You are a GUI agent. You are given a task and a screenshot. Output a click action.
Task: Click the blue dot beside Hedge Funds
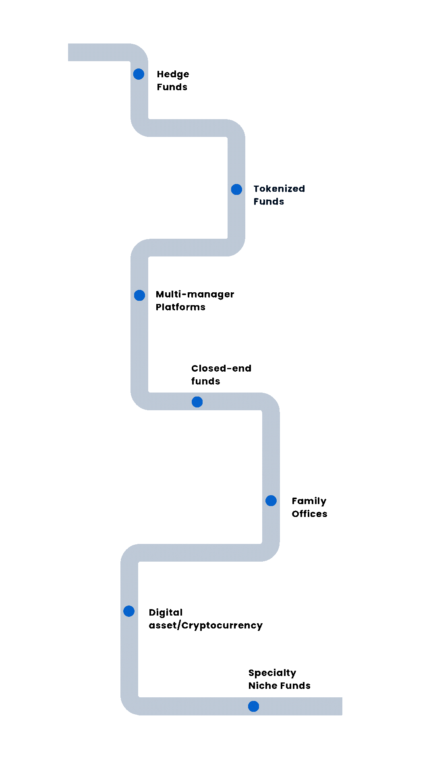coord(139,74)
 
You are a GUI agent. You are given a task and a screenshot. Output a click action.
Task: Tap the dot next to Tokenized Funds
coord(236,189)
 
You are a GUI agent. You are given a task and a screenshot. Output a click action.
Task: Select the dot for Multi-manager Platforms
coord(139,295)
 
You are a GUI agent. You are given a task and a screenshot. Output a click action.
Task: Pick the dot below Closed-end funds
coord(197,402)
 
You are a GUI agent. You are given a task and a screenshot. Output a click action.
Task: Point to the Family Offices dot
coord(271,500)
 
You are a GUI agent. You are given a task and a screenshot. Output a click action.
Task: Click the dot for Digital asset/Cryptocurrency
coord(129,611)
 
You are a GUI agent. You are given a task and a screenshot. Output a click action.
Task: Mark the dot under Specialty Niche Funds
coord(253,706)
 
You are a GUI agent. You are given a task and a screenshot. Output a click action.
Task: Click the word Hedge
coord(173,74)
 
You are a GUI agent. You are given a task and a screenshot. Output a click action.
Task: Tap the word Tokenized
coord(279,189)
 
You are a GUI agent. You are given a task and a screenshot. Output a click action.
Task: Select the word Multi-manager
coord(195,295)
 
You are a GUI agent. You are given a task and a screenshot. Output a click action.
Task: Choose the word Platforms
coord(180,307)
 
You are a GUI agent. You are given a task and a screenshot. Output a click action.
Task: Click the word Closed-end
coord(221,368)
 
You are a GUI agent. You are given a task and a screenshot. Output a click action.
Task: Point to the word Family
coord(309,501)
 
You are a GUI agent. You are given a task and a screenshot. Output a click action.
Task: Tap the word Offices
coord(309,514)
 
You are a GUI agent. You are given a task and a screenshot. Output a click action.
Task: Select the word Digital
coord(166,613)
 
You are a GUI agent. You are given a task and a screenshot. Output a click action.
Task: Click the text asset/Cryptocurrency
coord(205,626)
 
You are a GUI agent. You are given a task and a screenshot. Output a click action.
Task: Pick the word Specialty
coord(272,673)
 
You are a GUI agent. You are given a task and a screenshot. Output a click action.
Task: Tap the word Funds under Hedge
coord(172,87)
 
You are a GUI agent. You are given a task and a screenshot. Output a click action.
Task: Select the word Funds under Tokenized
coord(269,201)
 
